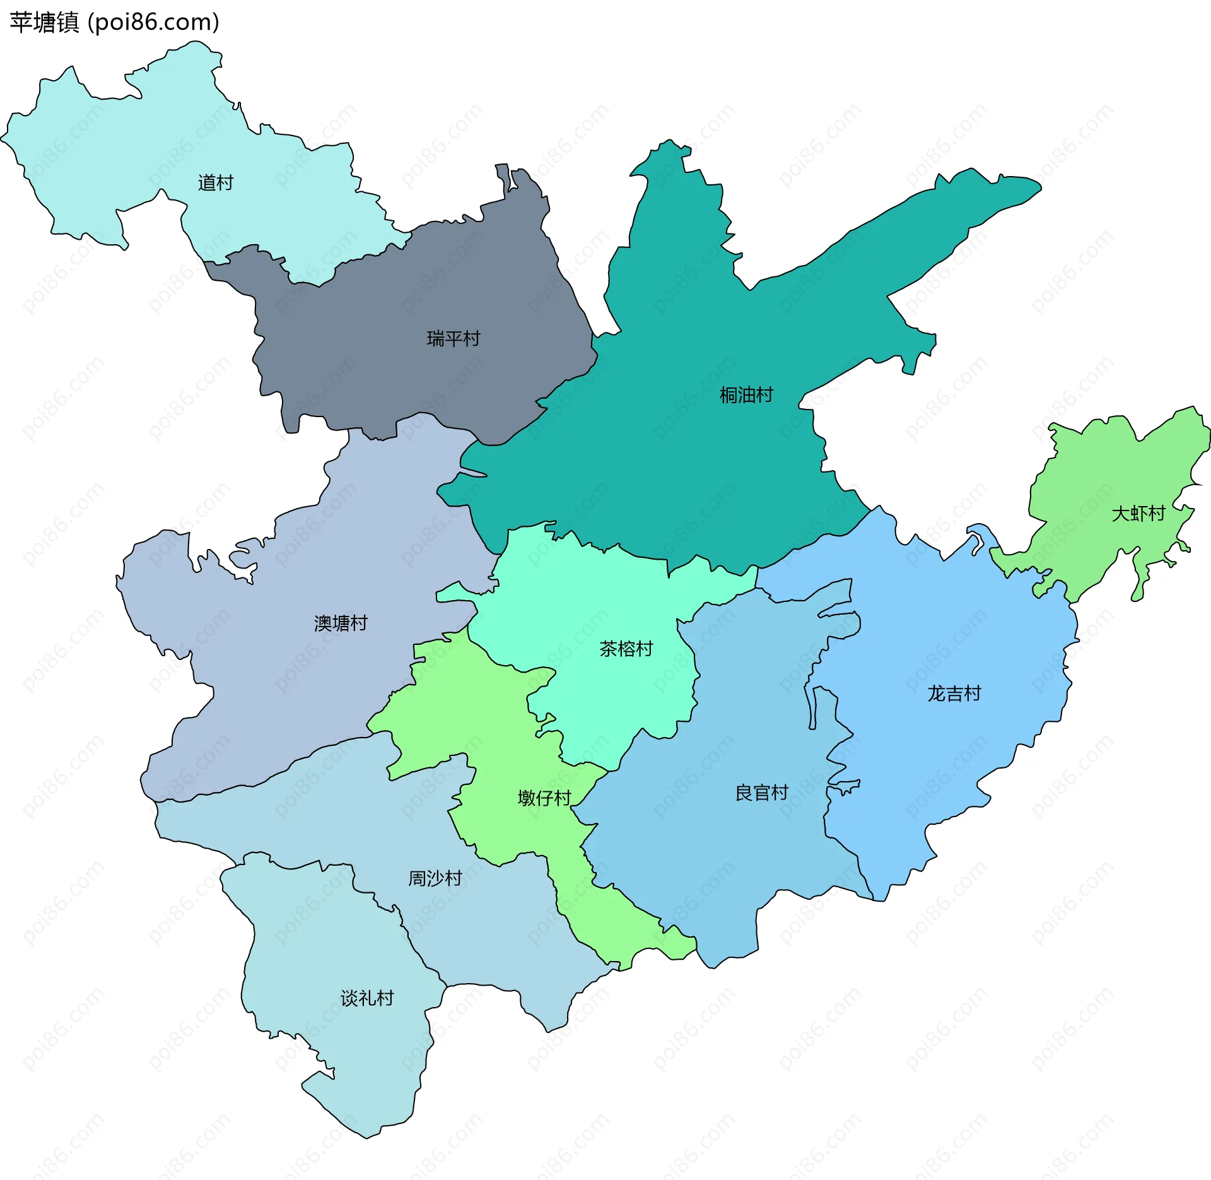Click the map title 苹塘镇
pyautogui.click(x=44, y=23)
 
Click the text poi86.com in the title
pyautogui.click(x=153, y=23)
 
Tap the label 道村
pyautogui.click(x=216, y=183)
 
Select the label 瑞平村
pyautogui.click(x=453, y=339)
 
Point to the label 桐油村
pyautogui.click(x=746, y=395)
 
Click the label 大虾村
pyautogui.click(x=1138, y=513)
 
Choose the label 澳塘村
pyautogui.click(x=341, y=623)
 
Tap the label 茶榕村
pyautogui.click(x=626, y=649)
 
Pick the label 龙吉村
pyautogui.click(x=954, y=693)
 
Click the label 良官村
pyautogui.click(x=761, y=793)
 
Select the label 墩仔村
pyautogui.click(x=544, y=798)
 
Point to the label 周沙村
pyautogui.click(x=435, y=878)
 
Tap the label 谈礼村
pyautogui.click(x=366, y=998)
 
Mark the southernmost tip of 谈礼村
pyautogui.click(x=368, y=1136)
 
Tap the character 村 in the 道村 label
pyautogui.click(x=225, y=183)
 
